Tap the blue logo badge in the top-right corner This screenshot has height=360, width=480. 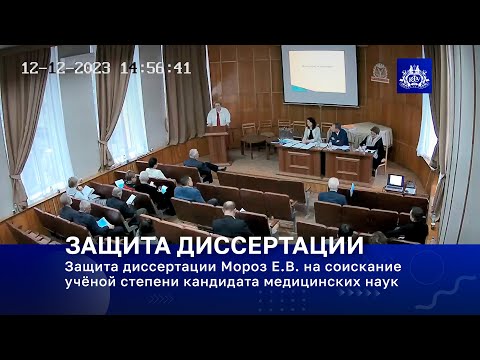[413, 75]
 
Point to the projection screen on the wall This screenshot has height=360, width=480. [319, 75]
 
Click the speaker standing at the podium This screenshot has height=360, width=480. [218, 115]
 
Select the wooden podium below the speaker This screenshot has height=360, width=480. [217, 144]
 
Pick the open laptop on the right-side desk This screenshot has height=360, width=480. [395, 182]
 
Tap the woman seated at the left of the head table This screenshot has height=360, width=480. [312, 132]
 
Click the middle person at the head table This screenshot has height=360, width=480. [339, 135]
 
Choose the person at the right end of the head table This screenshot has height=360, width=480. [375, 142]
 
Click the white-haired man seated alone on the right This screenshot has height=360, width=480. [333, 191]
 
